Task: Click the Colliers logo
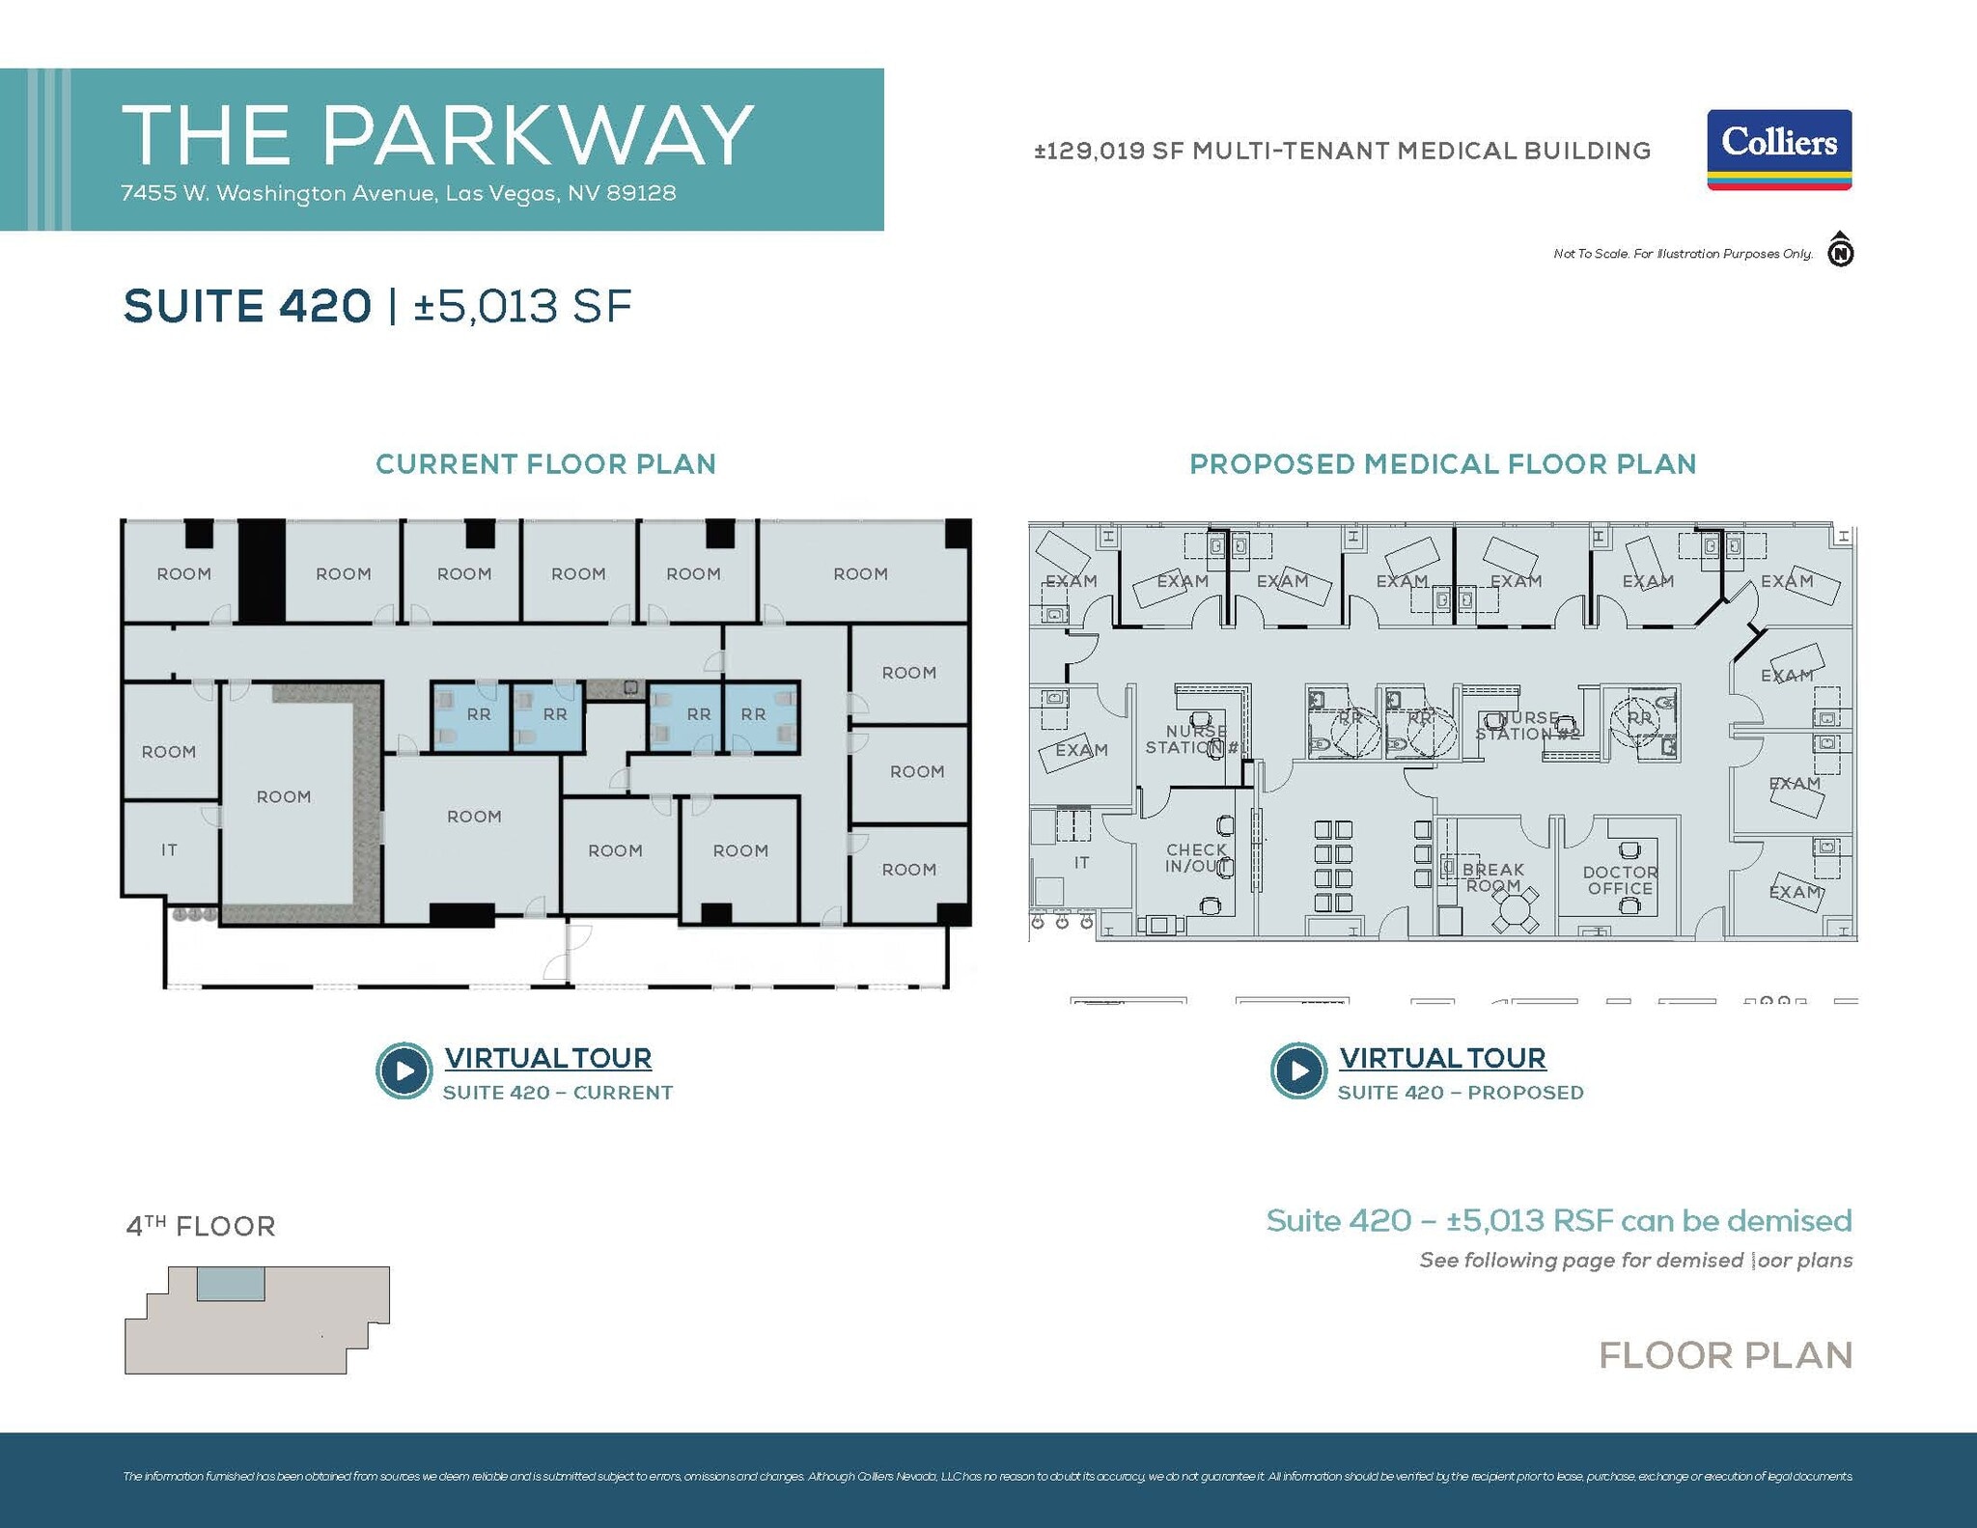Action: [x=1779, y=150]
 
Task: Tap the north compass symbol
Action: [x=1841, y=251]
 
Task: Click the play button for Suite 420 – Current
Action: [x=404, y=1070]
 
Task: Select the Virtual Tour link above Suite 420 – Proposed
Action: [x=1442, y=1058]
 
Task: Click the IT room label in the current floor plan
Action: [x=169, y=850]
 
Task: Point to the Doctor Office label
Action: [x=1620, y=880]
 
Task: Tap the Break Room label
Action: [x=1492, y=877]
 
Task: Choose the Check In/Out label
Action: [x=1196, y=858]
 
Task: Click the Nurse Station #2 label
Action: [x=1527, y=726]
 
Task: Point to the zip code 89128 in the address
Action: [x=641, y=193]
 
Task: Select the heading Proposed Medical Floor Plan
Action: [x=1442, y=464]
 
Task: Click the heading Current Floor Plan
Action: [x=545, y=464]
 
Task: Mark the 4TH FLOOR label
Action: [x=201, y=1226]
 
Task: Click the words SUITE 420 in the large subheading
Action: [x=247, y=306]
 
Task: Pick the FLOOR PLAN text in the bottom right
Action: [x=1725, y=1355]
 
